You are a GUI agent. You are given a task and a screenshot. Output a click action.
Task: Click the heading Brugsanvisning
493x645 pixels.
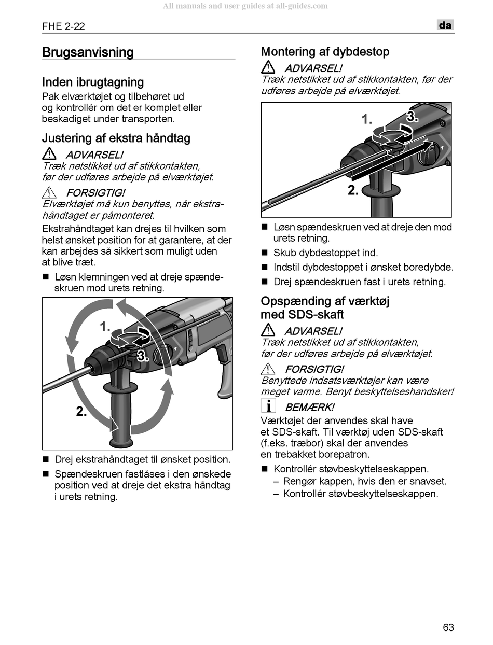[x=88, y=52]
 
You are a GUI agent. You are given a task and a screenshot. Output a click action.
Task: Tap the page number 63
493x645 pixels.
[x=448, y=627]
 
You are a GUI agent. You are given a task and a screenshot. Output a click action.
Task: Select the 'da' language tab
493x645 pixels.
[x=445, y=25]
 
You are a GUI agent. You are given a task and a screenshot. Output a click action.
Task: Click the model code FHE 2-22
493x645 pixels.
[x=64, y=26]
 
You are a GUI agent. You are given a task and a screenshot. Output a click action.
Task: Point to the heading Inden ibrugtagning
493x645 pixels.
[x=93, y=82]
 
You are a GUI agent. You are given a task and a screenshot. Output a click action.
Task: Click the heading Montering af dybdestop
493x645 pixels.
[x=325, y=52]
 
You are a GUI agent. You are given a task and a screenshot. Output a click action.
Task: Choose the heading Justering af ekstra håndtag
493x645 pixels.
[x=116, y=138]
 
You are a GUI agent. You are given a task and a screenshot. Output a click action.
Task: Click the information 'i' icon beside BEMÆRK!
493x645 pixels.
[x=268, y=406]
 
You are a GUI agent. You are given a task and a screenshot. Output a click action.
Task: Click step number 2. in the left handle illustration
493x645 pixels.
[x=81, y=412]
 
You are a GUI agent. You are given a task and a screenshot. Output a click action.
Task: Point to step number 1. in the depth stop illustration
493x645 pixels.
[x=367, y=120]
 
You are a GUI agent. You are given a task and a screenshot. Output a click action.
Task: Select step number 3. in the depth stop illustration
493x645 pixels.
[x=412, y=117]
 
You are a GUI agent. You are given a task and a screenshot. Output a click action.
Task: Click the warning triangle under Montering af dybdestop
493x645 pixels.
[x=268, y=67]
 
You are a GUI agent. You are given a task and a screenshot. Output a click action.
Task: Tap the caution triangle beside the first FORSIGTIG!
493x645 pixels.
[x=49, y=193]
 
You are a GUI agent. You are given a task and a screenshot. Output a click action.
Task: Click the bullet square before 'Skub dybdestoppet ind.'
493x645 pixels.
[x=264, y=253]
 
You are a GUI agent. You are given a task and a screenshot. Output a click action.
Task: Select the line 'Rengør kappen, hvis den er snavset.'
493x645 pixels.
[x=365, y=481]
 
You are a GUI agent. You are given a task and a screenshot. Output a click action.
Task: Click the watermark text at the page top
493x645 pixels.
[x=245, y=6]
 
